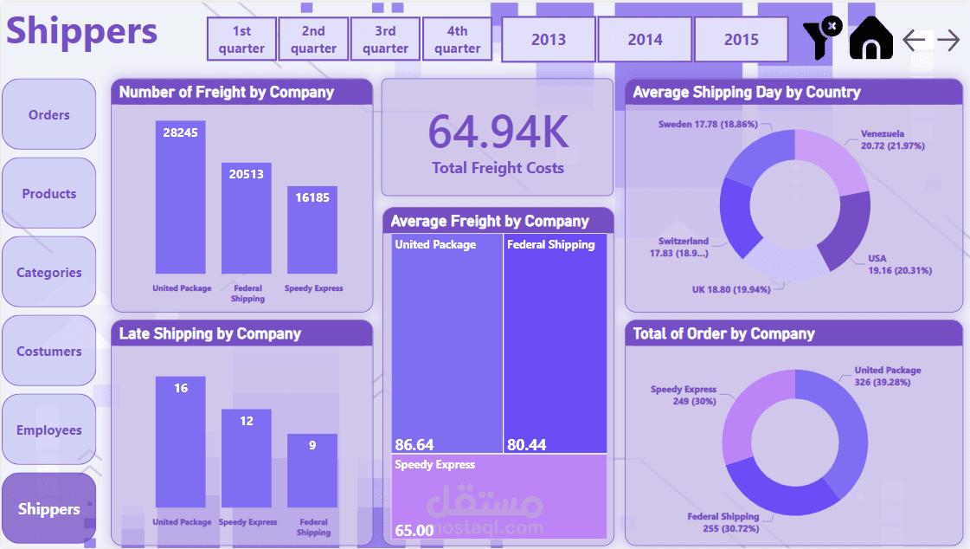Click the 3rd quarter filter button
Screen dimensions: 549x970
pos(385,40)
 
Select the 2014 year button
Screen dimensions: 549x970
pos(645,40)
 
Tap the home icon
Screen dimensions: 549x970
pos(870,39)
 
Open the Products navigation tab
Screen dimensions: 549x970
pos(49,194)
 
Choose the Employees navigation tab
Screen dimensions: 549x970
pos(49,430)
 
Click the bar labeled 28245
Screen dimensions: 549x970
pos(181,197)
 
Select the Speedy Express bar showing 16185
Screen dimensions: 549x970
pos(312,229)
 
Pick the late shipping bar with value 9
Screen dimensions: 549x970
pos(312,470)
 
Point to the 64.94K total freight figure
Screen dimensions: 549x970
pos(498,132)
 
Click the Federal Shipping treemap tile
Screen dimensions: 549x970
pos(555,342)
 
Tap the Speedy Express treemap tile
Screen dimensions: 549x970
pos(498,496)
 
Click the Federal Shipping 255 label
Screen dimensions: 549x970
pos(723,522)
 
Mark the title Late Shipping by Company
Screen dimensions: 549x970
pos(210,333)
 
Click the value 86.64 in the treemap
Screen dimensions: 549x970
pos(414,445)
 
